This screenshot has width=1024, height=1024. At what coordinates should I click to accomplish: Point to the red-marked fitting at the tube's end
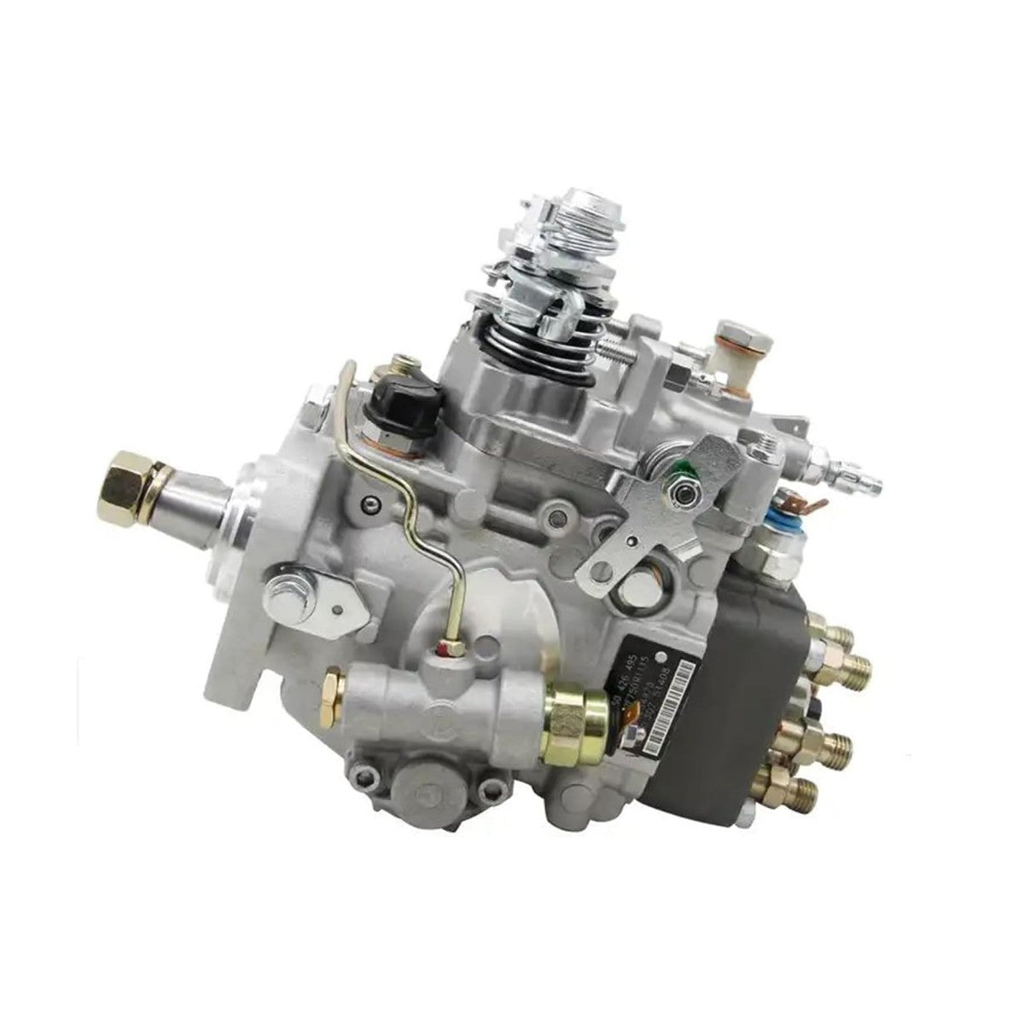[448, 653]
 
